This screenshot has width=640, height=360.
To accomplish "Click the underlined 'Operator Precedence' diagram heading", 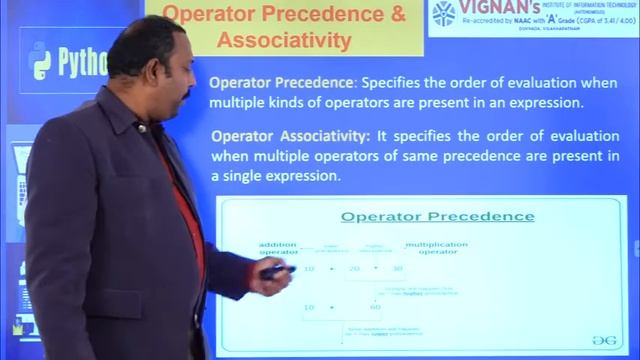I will [x=437, y=216].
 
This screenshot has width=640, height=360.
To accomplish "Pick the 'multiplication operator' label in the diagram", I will [x=437, y=248].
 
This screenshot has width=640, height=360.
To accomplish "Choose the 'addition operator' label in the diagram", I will [x=278, y=248].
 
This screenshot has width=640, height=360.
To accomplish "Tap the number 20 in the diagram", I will [x=352, y=268].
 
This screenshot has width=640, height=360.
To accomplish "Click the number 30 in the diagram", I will [x=397, y=268].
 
